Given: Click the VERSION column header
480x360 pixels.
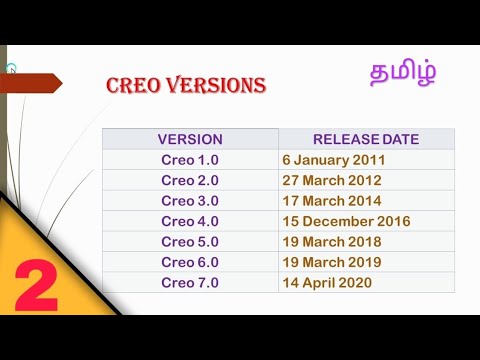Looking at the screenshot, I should [x=190, y=139].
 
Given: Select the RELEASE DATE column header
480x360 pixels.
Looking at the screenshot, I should [x=366, y=139].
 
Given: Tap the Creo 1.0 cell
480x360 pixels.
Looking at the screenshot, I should [x=190, y=160].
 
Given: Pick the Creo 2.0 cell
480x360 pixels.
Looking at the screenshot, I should [x=190, y=180].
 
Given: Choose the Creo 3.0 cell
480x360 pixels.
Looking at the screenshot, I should [x=190, y=200].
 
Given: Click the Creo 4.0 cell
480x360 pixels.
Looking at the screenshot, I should [x=190, y=221].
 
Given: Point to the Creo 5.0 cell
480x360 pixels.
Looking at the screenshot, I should [x=190, y=242].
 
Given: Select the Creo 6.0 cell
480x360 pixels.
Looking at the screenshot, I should [x=190, y=262].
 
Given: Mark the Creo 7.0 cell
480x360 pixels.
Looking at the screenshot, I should [x=190, y=283].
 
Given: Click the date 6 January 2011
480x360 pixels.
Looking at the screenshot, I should [x=334, y=160].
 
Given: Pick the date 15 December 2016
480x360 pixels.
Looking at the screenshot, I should [x=346, y=221].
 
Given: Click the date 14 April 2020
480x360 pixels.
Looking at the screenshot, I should [x=327, y=283].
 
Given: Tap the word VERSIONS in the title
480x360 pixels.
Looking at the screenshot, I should [x=213, y=86].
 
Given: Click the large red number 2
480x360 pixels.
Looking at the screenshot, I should [x=36, y=289].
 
